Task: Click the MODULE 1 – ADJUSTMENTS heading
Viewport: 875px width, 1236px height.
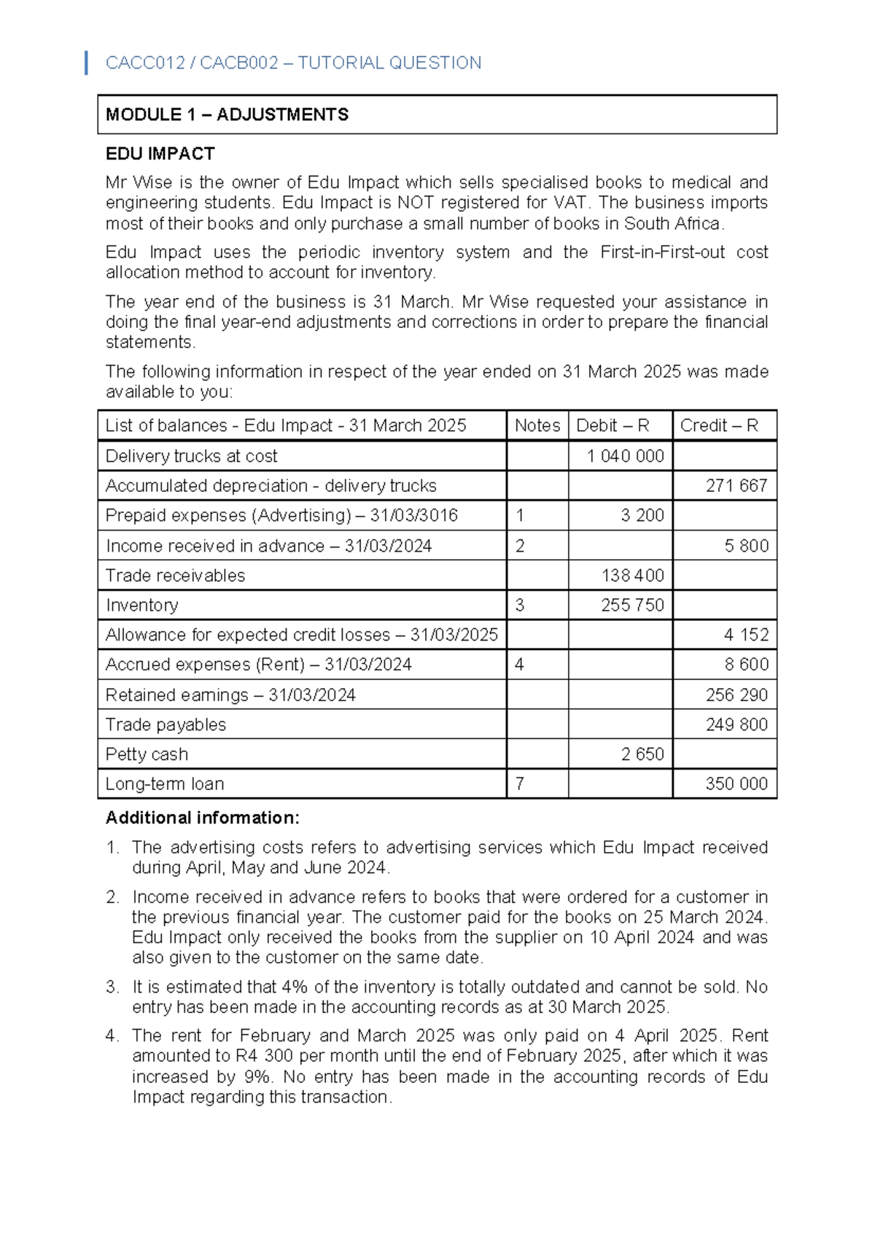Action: (x=227, y=114)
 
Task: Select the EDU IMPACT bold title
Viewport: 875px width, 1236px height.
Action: (x=160, y=154)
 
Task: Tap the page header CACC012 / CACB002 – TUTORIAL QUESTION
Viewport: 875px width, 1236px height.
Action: (x=293, y=63)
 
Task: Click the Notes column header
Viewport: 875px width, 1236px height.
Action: (x=537, y=426)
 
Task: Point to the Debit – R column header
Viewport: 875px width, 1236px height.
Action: (x=612, y=426)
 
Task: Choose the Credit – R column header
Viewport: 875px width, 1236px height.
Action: (x=719, y=426)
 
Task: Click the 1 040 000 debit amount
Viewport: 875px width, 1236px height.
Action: (x=626, y=456)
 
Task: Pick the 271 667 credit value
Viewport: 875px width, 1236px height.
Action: (x=736, y=486)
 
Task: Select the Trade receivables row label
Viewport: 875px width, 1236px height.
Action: (x=175, y=576)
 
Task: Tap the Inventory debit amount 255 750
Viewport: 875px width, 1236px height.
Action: (x=632, y=606)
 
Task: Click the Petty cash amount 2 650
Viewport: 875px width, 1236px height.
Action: (x=642, y=754)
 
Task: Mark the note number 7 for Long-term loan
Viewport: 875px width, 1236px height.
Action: (x=519, y=784)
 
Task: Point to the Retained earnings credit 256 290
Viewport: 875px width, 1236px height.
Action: (x=736, y=695)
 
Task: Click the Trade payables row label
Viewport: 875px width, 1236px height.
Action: (x=166, y=725)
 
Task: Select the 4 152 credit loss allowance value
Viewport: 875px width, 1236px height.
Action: (x=746, y=635)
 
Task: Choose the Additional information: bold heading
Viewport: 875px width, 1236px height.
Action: (x=202, y=818)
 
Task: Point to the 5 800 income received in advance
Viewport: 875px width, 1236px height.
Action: (x=746, y=546)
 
